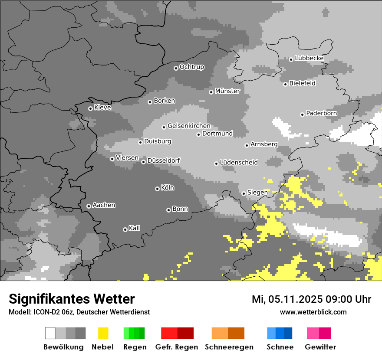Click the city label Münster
[227, 91]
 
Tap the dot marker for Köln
[157, 189]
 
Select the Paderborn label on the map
[322, 114]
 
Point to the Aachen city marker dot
[89, 206]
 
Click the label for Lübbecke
[309, 59]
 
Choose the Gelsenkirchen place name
[189, 126]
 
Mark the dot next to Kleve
[90, 108]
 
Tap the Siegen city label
[258, 192]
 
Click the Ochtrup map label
[192, 67]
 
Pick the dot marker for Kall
[125, 229]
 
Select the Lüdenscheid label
[239, 163]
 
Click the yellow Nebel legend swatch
[103, 333]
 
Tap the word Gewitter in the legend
[320, 347]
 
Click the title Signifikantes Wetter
[72, 299]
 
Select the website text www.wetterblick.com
[313, 312]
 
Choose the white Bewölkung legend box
[50, 333]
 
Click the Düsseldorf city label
[164, 160]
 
